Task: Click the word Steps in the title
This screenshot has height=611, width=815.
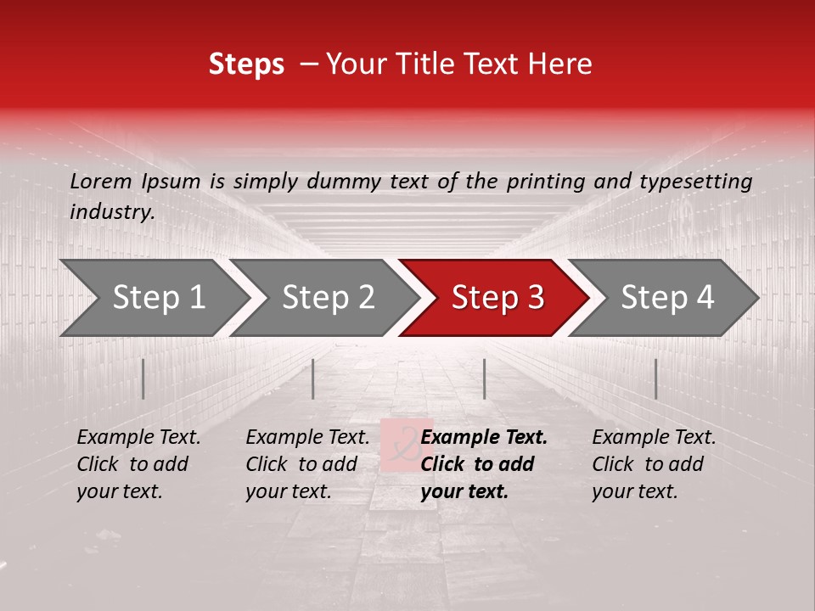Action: [x=246, y=64]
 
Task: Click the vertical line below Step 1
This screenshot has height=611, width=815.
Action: [x=143, y=378]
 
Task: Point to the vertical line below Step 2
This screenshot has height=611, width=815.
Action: [x=313, y=378]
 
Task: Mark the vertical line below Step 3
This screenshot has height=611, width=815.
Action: [x=484, y=378]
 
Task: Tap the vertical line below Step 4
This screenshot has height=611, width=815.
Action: [x=655, y=378]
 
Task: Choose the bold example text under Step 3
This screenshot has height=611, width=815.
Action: [x=483, y=464]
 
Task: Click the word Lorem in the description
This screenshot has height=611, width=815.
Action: [x=100, y=182]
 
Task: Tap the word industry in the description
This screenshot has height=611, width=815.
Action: [x=111, y=212]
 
